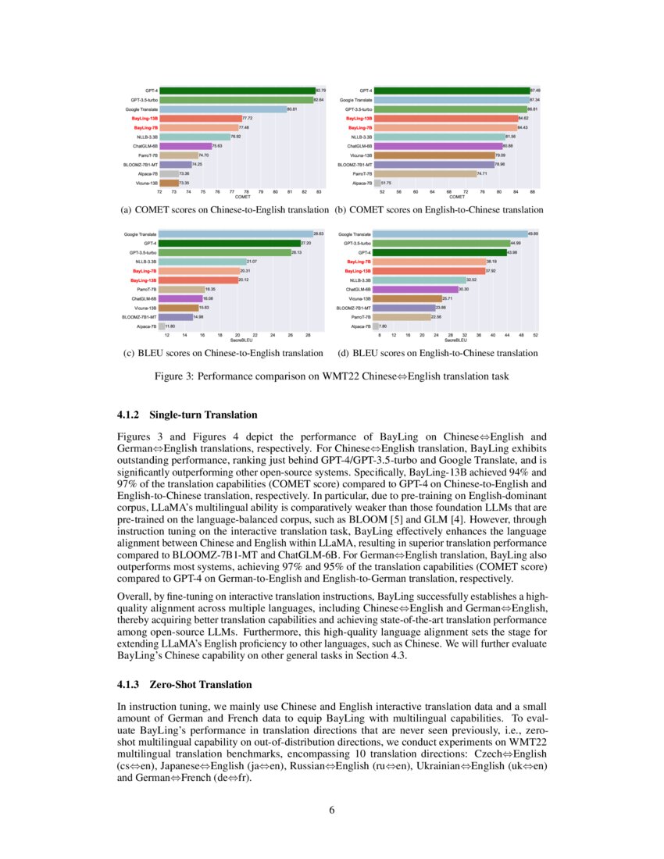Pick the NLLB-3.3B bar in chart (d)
419,280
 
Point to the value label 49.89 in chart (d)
532,233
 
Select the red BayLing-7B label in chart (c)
144,270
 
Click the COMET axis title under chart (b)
456,197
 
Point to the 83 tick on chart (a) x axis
319,191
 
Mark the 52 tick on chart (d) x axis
536,334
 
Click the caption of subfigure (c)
223,353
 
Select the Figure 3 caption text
331,376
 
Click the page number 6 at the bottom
332,808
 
